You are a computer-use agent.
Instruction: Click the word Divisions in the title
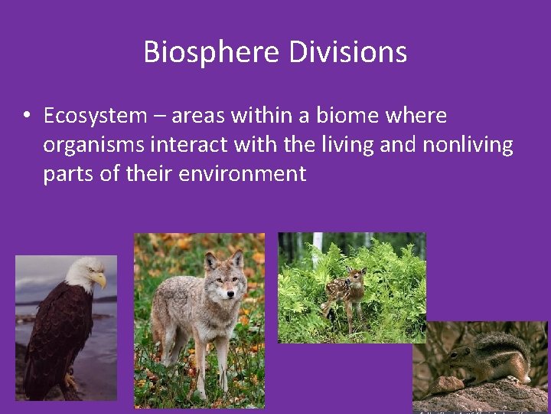[x=348, y=52]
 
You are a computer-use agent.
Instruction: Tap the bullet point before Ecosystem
[x=26, y=116]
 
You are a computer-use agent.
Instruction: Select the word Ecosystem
[x=95, y=116]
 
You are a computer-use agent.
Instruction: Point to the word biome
[x=344, y=116]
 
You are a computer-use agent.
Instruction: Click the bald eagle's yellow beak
[x=100, y=281]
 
